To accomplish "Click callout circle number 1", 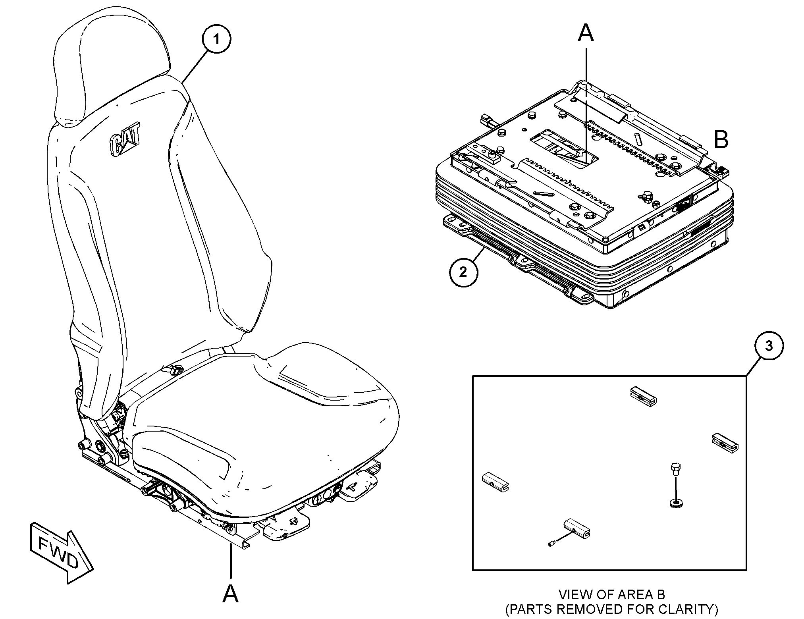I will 216,39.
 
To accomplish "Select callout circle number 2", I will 463,272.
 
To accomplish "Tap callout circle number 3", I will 769,346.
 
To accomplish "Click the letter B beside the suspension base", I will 721,140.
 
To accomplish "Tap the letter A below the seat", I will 230,594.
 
